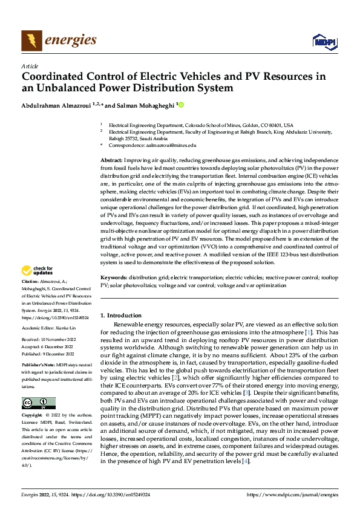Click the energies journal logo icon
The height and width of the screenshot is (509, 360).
[31, 41]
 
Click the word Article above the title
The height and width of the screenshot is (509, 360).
[30, 66]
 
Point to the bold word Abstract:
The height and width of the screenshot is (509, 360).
[112, 158]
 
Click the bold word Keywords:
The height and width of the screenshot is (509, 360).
[114, 277]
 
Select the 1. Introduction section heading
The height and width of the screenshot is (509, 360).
[120, 316]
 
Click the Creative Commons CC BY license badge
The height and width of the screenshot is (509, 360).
[38, 403]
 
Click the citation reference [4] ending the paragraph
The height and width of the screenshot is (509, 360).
[245, 461]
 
